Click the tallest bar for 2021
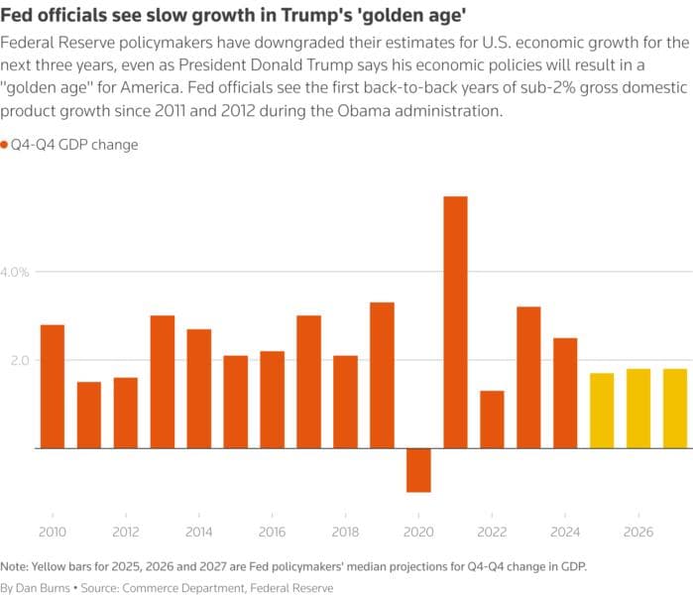point(455,322)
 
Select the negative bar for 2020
point(418,470)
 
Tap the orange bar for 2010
point(53,387)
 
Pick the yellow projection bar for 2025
point(602,411)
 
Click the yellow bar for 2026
point(638,409)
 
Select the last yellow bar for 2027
point(675,409)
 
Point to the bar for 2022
point(492,419)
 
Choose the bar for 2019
point(382,375)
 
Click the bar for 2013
point(163,382)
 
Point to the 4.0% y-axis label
point(20,272)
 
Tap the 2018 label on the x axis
point(345,533)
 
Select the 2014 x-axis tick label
point(199,533)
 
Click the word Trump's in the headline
point(368,17)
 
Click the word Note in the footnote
point(15,566)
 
